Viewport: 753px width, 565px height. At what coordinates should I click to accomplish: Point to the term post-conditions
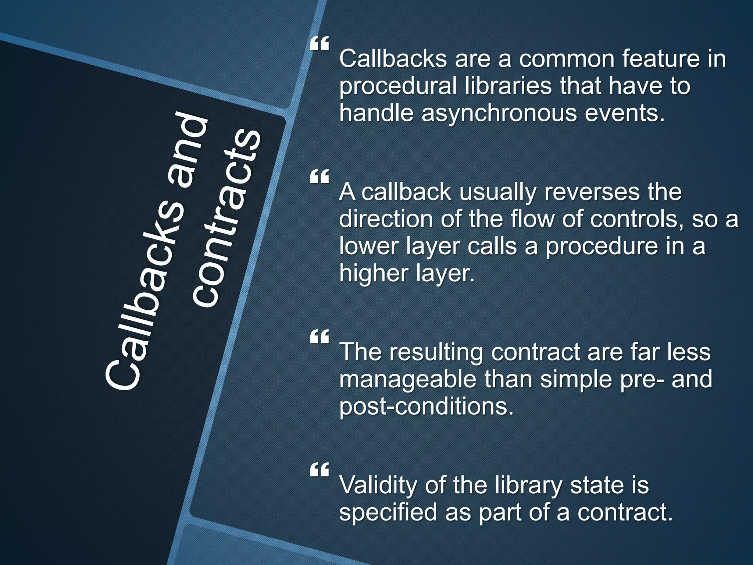tap(426, 406)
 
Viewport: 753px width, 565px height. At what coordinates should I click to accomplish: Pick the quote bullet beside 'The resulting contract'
tap(319, 337)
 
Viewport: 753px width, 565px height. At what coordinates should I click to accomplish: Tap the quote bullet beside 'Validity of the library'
tap(319, 470)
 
